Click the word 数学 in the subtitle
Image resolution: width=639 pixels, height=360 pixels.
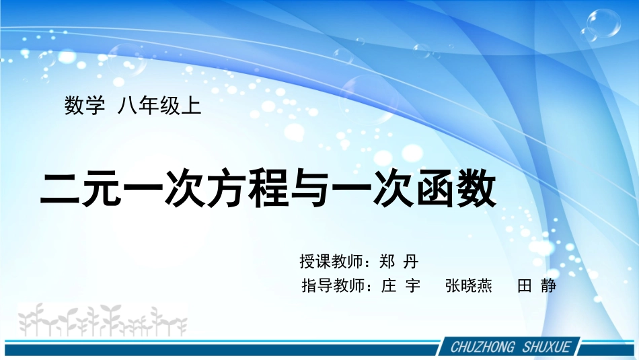click(85, 106)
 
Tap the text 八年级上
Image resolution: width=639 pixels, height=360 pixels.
click(159, 106)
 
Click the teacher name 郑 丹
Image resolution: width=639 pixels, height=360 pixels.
click(399, 262)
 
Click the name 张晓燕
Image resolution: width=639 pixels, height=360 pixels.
click(469, 286)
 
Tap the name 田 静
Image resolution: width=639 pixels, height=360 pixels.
click(537, 286)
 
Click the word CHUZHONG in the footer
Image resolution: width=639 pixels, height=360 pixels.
click(482, 347)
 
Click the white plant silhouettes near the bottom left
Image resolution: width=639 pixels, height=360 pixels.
click(101, 320)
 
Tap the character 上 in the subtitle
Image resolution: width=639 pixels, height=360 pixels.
click(192, 106)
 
